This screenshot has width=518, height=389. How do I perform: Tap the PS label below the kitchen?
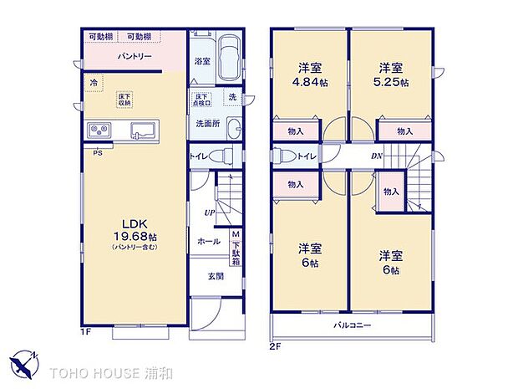pyautogui.click(x=98, y=152)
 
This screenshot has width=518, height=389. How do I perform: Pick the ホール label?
pyautogui.click(x=208, y=242)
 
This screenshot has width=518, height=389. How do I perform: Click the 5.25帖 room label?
pyautogui.click(x=392, y=74)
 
